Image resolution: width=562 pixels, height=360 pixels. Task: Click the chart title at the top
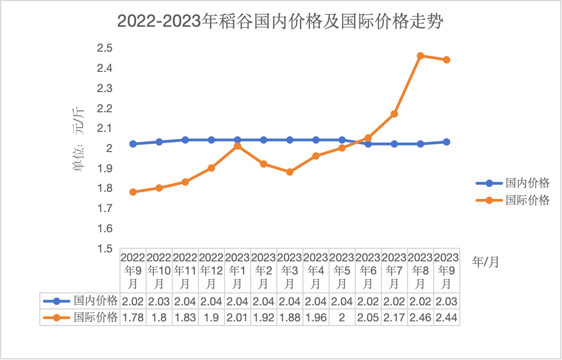280,22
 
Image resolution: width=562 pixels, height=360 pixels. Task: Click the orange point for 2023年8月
421,56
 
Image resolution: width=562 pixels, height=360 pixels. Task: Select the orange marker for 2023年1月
238,146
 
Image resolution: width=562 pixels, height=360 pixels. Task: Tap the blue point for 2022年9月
133,144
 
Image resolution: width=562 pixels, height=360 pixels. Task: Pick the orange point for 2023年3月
290,172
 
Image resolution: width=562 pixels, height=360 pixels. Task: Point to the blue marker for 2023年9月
447,142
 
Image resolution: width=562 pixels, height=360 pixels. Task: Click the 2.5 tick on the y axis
105,48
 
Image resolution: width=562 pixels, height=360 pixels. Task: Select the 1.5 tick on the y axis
105,248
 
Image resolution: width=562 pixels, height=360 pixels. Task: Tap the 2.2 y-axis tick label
105,108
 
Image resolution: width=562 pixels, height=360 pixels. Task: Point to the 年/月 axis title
485,262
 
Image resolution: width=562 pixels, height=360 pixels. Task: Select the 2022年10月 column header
159,270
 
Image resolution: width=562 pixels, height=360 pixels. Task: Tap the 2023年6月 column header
368,270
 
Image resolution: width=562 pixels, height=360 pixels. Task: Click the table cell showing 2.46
421,318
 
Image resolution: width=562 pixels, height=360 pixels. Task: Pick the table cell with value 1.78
133,318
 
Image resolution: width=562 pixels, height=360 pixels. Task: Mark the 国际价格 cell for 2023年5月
342,318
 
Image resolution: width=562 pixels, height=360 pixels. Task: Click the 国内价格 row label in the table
95,301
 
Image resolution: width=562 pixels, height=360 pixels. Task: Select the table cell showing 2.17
394,318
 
